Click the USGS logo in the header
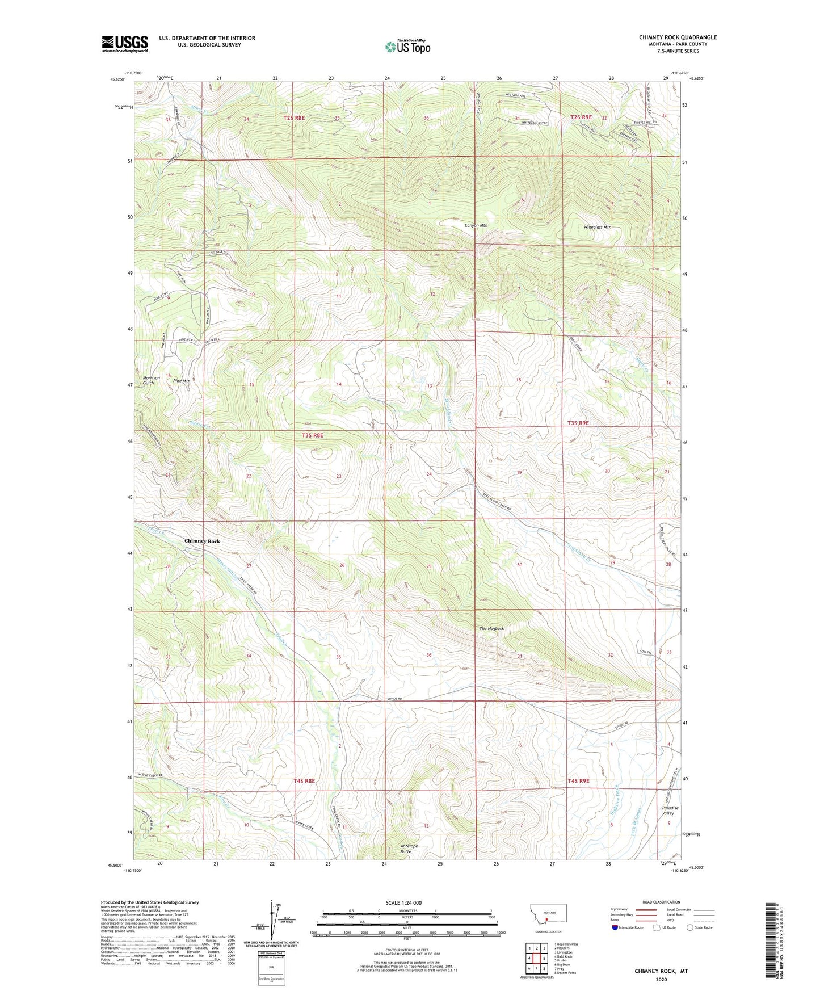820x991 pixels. pos(125,44)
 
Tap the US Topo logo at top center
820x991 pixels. pos(407,47)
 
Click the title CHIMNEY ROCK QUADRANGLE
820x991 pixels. pos(678,37)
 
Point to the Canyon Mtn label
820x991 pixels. pos(476,225)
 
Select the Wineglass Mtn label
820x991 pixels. pos(597,227)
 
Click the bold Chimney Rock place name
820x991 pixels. pos(202,541)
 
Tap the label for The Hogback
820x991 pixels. pos(491,628)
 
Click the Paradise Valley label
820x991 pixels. pos(670,811)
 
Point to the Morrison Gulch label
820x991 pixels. pos(152,380)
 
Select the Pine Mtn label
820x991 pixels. pos(182,381)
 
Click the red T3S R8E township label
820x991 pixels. pos(312,435)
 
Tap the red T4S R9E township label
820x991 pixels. pos(578,781)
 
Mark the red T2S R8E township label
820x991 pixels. pos(294,118)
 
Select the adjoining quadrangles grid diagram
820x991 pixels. pos(536,959)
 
